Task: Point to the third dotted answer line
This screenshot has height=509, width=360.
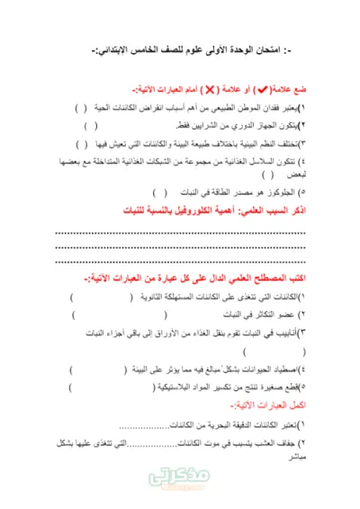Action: pos(180,263)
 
